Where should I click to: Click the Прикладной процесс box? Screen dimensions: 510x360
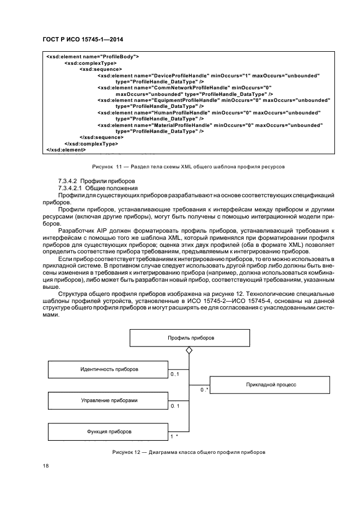pos(271,385)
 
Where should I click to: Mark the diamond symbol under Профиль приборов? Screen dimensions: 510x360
pos(189,351)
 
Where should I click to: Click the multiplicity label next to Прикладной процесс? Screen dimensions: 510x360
pos(204,390)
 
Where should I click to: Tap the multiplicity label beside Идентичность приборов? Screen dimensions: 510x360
pos(175,375)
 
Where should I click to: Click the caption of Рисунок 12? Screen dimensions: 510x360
pos(189,452)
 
